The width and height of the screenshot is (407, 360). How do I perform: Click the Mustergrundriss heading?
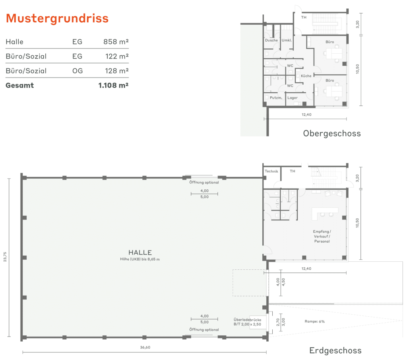tap(57, 18)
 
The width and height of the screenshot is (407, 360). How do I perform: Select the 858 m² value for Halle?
tap(116, 41)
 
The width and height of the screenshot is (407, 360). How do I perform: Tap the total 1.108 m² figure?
tap(113, 86)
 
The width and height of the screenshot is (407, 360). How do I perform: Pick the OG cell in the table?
tap(78, 71)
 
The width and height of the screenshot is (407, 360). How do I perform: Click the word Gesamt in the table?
tap(20, 86)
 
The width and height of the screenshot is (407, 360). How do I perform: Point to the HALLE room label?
tap(140, 253)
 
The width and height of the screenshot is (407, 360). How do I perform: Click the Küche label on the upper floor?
tap(306, 76)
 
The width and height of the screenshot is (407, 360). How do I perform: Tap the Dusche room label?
tap(271, 40)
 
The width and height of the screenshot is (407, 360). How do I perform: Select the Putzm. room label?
tap(276, 98)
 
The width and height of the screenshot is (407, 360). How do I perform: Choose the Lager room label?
tap(293, 98)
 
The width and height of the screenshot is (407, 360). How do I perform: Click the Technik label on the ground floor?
tap(271, 171)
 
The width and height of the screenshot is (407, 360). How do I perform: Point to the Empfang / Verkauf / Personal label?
tap(322, 236)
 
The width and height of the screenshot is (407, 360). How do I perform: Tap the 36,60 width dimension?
tap(145, 347)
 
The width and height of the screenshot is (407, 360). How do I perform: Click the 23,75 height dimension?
tap(5, 257)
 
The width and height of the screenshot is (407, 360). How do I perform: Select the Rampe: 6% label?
tap(315, 321)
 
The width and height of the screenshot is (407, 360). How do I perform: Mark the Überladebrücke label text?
tap(247, 320)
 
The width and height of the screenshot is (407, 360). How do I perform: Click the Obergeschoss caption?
tap(332, 134)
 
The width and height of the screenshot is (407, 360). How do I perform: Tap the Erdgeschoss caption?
tap(335, 350)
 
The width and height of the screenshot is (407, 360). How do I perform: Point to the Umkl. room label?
tap(287, 40)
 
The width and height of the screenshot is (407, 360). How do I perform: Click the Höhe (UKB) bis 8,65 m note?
tap(140, 259)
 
